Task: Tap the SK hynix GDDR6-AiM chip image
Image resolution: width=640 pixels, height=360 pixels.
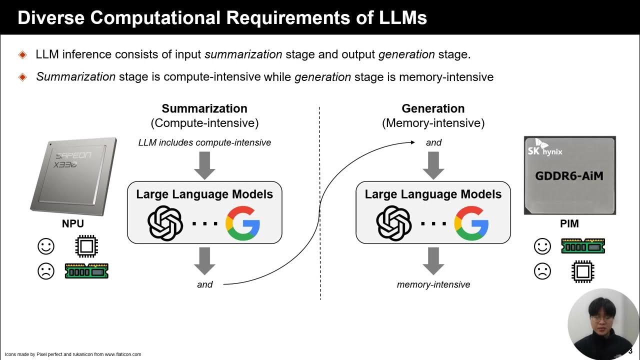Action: click(x=569, y=175)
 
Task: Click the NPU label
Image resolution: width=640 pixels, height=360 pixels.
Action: click(x=73, y=224)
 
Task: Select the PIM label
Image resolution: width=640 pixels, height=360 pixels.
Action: click(x=569, y=224)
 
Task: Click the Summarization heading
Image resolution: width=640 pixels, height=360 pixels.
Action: click(x=204, y=108)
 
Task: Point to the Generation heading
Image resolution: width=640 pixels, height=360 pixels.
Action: click(x=433, y=108)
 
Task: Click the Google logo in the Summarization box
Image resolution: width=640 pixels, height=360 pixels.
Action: click(x=242, y=223)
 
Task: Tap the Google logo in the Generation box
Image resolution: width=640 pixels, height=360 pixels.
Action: click(x=471, y=223)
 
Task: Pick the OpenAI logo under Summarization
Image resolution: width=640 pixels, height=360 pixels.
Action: click(x=165, y=223)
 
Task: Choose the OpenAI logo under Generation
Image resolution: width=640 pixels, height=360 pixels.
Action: click(x=393, y=223)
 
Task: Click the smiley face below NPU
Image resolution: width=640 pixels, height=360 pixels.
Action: click(x=46, y=246)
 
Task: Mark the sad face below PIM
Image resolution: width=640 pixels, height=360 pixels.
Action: click(x=542, y=271)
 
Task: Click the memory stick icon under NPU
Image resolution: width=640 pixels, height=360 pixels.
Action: click(x=86, y=271)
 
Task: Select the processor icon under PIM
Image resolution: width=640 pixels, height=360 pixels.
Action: click(x=582, y=271)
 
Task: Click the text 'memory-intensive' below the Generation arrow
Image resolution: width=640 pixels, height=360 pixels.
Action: click(x=433, y=284)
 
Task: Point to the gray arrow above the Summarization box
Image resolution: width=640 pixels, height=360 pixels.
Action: click(x=204, y=165)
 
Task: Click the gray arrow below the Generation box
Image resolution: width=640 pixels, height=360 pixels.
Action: click(x=433, y=260)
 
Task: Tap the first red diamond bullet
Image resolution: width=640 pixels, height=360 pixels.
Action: click(x=22, y=54)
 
